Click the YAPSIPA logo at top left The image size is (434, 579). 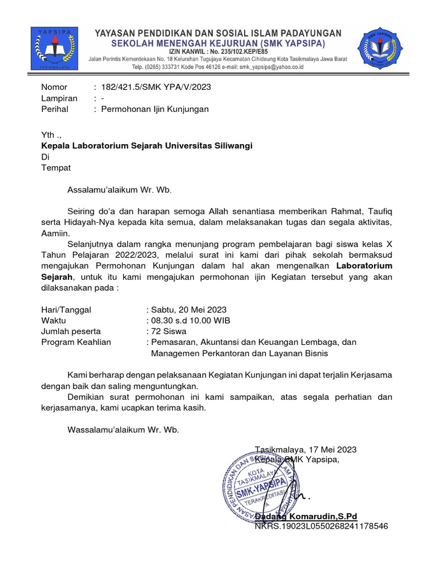pyautogui.click(x=55, y=49)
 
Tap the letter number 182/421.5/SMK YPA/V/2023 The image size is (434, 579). pyautogui.click(x=156, y=87)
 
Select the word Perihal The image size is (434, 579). pyautogui.click(x=55, y=109)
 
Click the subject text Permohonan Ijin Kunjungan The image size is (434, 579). pyautogui.click(x=154, y=109)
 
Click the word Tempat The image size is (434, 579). pyautogui.click(x=56, y=167)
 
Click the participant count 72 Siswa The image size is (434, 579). pyautogui.click(x=168, y=331)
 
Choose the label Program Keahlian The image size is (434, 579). pyautogui.click(x=76, y=342)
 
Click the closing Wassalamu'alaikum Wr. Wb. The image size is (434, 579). pyautogui.click(x=123, y=430)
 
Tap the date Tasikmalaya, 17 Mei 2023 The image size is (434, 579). pyautogui.click(x=306, y=450)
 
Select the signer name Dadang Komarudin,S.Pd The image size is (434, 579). pyautogui.click(x=306, y=516)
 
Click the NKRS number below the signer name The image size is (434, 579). pyautogui.click(x=321, y=526)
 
